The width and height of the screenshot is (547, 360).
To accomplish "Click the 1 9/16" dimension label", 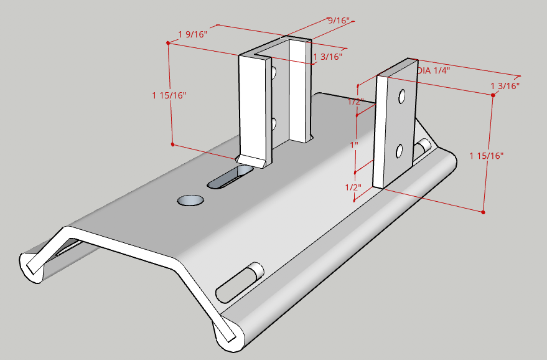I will coord(193,33).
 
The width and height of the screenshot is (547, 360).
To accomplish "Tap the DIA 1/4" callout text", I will coord(433,70).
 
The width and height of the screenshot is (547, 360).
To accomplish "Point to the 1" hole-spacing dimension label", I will coord(354,144).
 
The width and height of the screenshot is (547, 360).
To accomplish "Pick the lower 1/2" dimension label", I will coord(353,187).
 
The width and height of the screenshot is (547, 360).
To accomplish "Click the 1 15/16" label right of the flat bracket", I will coord(487,155).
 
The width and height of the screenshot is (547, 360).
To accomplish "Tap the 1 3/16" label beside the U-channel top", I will coord(328,57).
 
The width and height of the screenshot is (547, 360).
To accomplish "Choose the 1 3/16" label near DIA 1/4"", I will coord(505,85).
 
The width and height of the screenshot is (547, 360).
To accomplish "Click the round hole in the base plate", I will coord(190,200).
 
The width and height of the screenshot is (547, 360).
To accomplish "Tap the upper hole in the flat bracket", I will coord(402,97).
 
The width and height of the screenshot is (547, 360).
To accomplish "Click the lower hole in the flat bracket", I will coord(400,151).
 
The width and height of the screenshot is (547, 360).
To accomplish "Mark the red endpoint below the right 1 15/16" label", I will coord(483,212).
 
